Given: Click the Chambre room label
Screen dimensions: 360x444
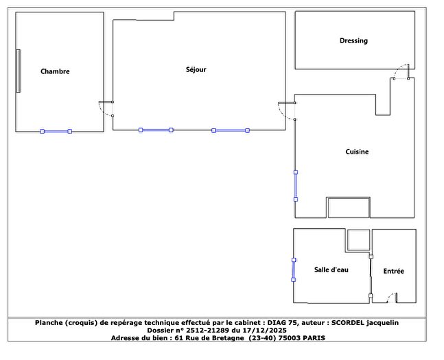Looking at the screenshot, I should [x=55, y=71].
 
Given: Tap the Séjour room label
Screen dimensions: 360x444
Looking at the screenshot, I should [x=196, y=69].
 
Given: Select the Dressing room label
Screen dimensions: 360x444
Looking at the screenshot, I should [x=353, y=40].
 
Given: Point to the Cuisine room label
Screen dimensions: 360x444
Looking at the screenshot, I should [x=357, y=152].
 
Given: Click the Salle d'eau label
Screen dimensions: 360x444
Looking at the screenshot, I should [x=331, y=269].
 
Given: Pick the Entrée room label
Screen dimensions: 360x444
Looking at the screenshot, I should [x=393, y=271].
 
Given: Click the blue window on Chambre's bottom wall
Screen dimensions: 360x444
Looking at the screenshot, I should [x=56, y=131].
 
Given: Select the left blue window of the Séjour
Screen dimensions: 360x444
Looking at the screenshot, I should [x=155, y=130].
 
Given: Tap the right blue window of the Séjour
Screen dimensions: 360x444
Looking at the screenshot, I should [x=230, y=130].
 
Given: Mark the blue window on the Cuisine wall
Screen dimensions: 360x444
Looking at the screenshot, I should [x=296, y=185].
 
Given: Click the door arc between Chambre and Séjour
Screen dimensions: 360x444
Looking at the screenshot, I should [x=106, y=109].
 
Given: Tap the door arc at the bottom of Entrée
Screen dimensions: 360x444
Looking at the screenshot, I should [x=390, y=298].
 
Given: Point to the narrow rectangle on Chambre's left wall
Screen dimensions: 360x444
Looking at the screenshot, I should [x=19, y=71].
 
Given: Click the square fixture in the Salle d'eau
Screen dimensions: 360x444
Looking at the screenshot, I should [x=358, y=240].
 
